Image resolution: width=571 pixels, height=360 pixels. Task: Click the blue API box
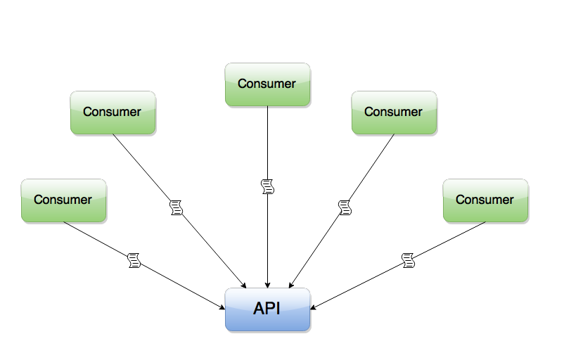point(267,310)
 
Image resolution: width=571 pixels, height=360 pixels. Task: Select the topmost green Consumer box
point(267,85)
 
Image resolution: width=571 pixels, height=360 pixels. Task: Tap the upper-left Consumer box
point(113,113)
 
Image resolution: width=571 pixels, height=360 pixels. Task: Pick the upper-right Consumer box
point(394,113)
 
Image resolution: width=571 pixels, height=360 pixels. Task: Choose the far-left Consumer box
point(63,201)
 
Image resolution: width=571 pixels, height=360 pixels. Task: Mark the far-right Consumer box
point(485,201)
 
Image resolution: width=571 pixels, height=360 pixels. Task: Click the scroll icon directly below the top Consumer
point(267,186)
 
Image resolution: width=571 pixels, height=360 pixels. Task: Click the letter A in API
point(259,308)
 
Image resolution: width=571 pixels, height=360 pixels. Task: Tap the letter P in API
point(271,308)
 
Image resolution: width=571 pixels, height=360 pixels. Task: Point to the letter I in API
point(278,308)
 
